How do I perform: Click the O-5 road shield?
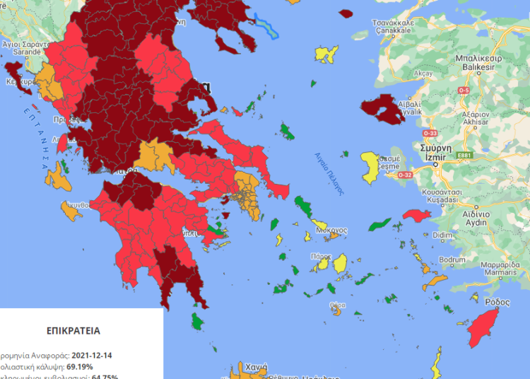tap(464, 91)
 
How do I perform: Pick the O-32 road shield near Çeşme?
tap(406, 175)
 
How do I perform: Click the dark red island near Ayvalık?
tap(381, 108)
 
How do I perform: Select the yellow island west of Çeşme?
tap(370, 166)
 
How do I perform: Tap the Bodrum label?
tap(452, 260)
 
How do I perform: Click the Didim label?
tap(441, 234)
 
